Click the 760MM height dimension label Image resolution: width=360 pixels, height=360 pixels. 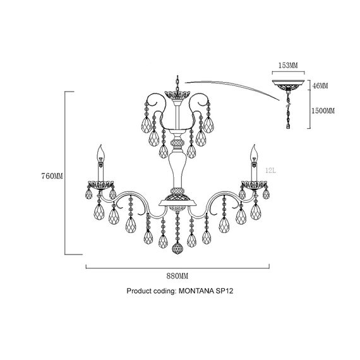(52, 176)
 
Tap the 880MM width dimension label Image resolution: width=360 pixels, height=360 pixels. (177, 276)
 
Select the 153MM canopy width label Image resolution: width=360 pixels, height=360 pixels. (288, 66)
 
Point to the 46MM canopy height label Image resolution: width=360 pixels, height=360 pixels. (320, 86)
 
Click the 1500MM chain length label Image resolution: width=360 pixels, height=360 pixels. (323, 111)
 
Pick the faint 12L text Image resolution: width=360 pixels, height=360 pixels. (271, 171)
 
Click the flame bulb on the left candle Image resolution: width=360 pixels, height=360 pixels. (100, 153)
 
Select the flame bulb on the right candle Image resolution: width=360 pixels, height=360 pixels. (254, 153)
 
